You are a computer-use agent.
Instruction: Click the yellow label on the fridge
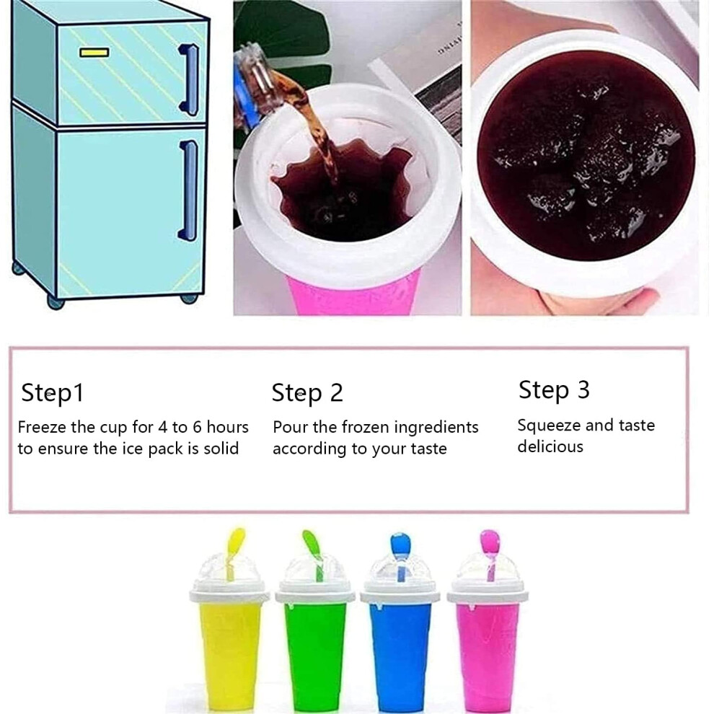(x=94, y=53)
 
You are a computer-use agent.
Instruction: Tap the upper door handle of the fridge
(x=188, y=79)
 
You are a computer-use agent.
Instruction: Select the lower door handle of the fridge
(x=188, y=190)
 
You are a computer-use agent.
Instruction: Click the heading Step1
(x=53, y=393)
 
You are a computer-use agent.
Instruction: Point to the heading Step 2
(x=307, y=393)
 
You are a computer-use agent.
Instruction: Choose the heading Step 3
(x=554, y=390)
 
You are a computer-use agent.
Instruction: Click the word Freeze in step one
(x=43, y=427)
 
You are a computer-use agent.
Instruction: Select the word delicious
(x=550, y=446)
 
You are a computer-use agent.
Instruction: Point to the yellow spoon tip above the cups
(x=237, y=540)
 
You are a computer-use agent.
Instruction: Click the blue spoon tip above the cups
(x=401, y=544)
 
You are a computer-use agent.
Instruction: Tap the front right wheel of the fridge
(x=188, y=299)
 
